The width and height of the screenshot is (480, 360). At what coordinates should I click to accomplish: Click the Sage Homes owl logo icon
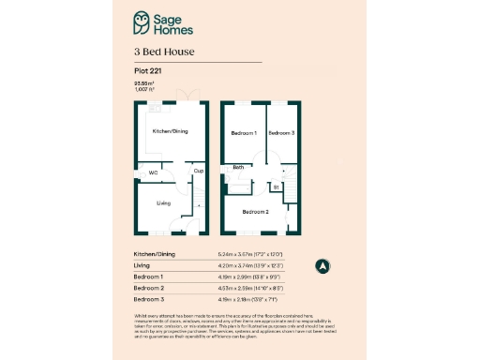[142, 20]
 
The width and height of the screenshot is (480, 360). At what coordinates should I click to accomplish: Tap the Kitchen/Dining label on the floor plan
[171, 131]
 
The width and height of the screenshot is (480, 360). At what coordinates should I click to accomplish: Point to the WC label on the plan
[153, 173]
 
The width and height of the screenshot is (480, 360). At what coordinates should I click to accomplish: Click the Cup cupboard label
[199, 171]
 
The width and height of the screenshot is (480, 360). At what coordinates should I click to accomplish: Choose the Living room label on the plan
[163, 202]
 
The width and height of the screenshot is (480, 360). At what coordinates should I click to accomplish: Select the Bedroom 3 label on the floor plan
[281, 133]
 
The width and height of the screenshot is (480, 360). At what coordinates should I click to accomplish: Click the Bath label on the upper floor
[239, 168]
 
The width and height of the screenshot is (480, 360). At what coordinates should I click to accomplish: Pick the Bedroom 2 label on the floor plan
[255, 213]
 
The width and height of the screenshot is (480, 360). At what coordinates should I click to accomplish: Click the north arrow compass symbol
[322, 265]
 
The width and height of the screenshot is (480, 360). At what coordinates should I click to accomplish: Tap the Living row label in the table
[142, 265]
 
